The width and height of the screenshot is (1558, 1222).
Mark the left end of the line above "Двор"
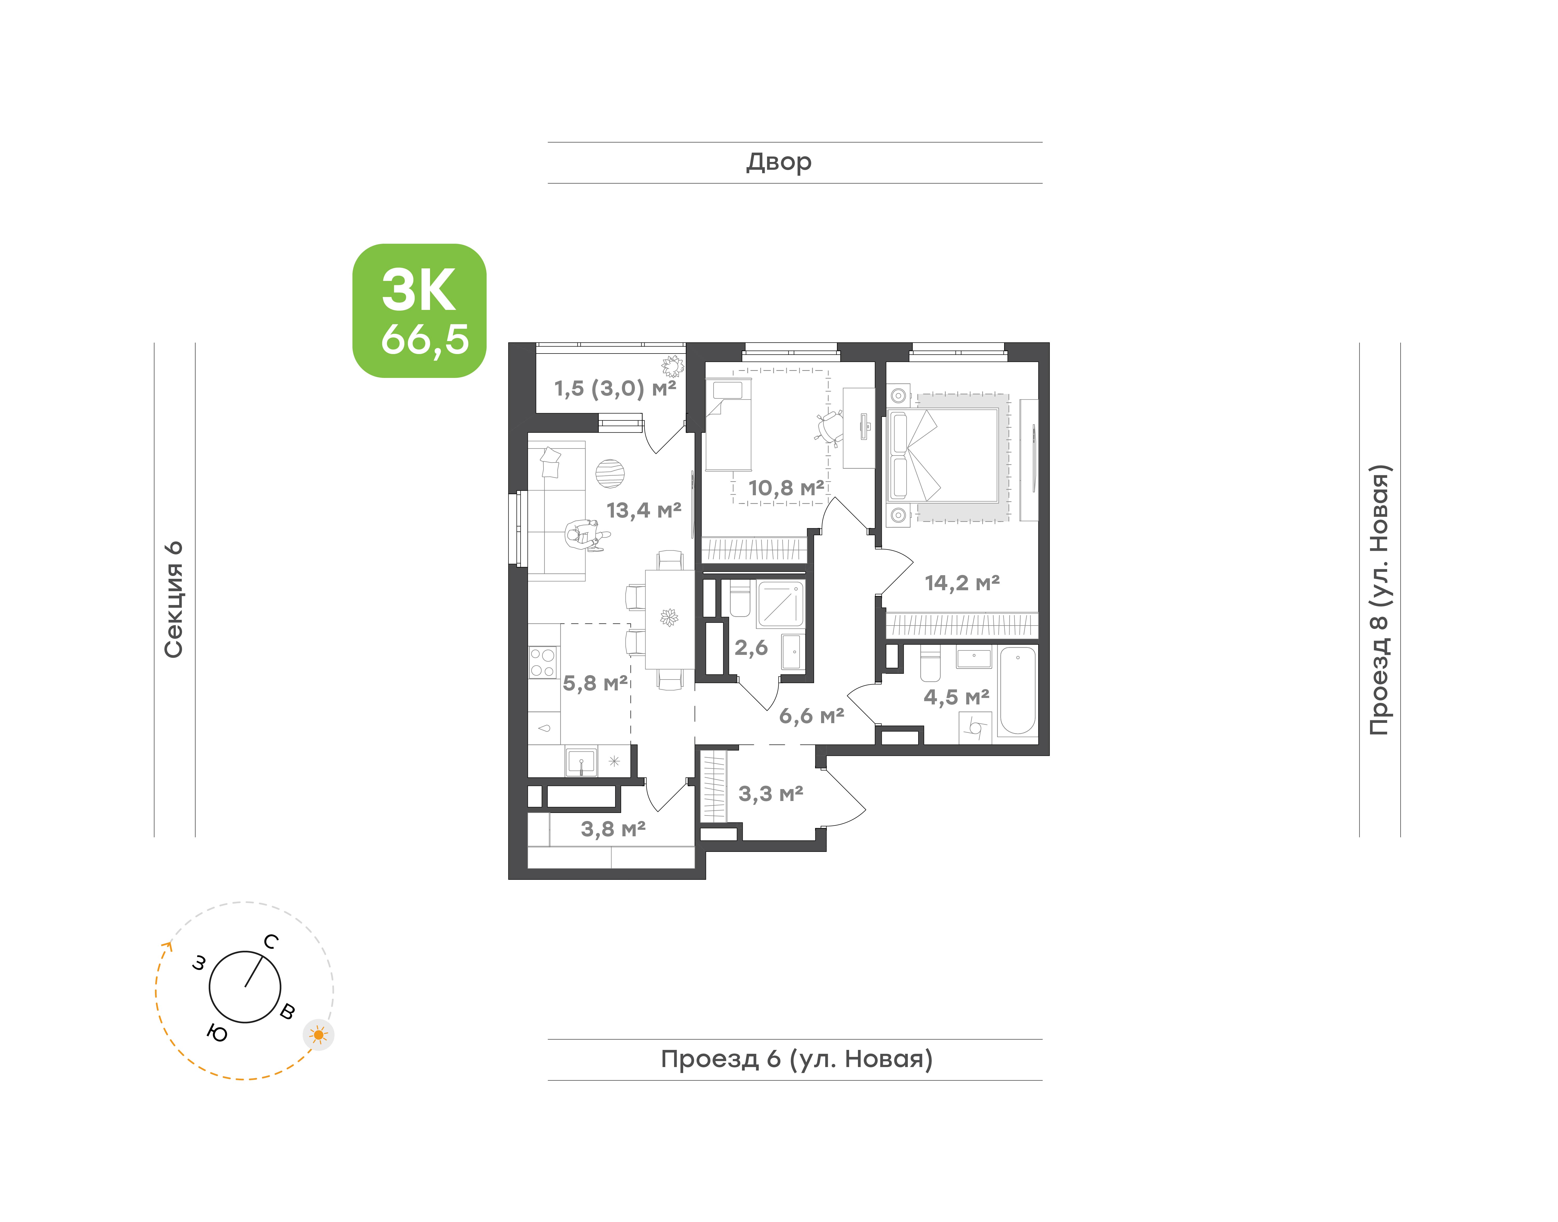pos(548,142)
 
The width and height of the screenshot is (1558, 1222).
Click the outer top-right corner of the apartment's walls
pos(1049,343)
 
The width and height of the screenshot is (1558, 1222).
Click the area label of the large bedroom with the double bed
pos(962,583)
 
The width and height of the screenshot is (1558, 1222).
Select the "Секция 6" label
pos(174,600)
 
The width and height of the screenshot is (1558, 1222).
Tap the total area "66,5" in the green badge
pos(425,339)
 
